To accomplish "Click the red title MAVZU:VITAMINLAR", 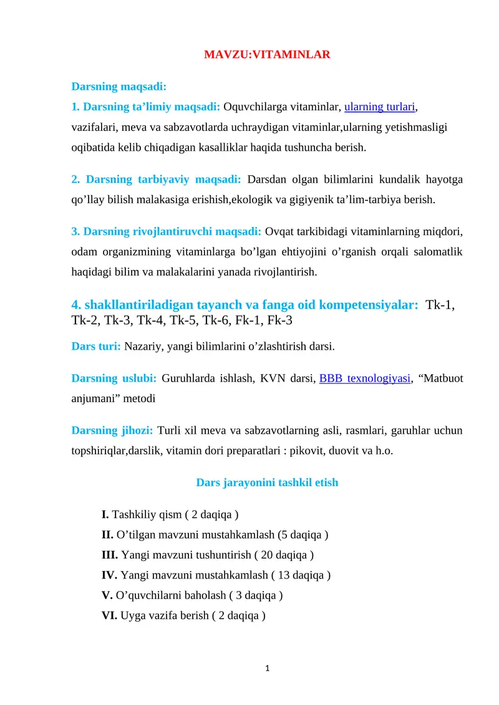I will (267, 55).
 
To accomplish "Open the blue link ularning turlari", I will (380, 107).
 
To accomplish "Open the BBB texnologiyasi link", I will (365, 378).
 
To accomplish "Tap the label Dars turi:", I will (96, 346).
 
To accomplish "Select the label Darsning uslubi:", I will (114, 378).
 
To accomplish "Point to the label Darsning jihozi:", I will (112, 431).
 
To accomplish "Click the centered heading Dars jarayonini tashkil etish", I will (267, 482).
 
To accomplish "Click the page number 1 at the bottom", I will (267, 669).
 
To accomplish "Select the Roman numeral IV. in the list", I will (110, 575).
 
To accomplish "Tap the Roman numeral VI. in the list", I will (110, 616).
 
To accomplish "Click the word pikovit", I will (304, 451).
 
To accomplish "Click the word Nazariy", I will (142, 346).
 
